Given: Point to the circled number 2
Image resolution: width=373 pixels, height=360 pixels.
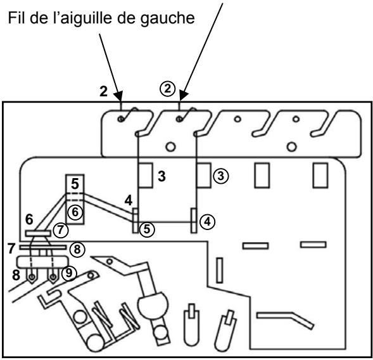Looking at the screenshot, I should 168,91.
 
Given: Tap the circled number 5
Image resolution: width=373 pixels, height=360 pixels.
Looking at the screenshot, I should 148,229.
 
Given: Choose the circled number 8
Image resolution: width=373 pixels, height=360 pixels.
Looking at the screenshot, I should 75,249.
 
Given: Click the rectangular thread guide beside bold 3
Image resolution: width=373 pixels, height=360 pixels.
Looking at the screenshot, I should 144,174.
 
